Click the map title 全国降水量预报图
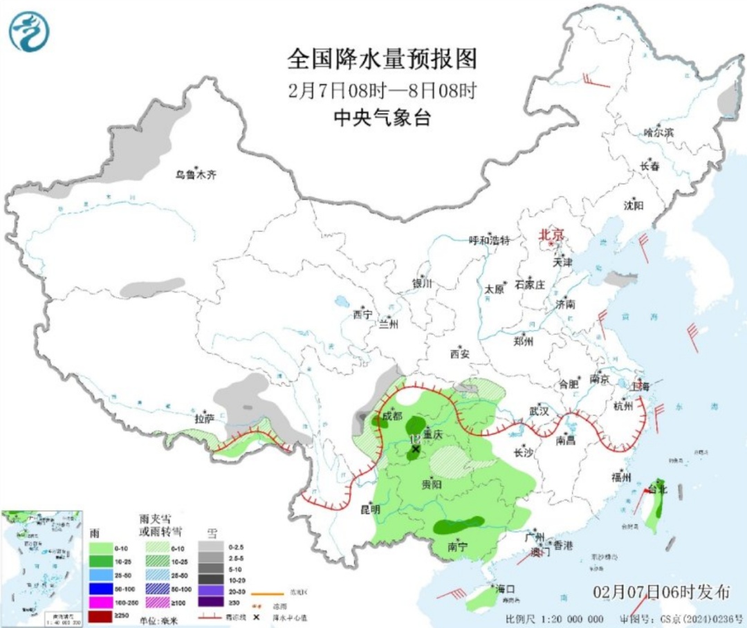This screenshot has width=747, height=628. point(382,59)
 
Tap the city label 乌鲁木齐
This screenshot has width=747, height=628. point(196,175)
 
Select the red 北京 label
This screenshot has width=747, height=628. point(552,235)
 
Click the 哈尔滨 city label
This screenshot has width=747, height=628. point(658,132)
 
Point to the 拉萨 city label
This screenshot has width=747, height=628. point(204,418)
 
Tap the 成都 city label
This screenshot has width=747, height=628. point(391,416)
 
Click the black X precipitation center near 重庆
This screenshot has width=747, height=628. point(415,450)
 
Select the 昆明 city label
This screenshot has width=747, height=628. point(370,509)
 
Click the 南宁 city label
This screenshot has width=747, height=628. point(457,546)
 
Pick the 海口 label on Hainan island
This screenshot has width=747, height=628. point(506,589)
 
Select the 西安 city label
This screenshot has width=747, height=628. point(460,354)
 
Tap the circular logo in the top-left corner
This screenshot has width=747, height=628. point(29,32)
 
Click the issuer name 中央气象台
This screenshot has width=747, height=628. point(382,118)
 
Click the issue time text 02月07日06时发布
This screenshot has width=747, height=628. point(661,592)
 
